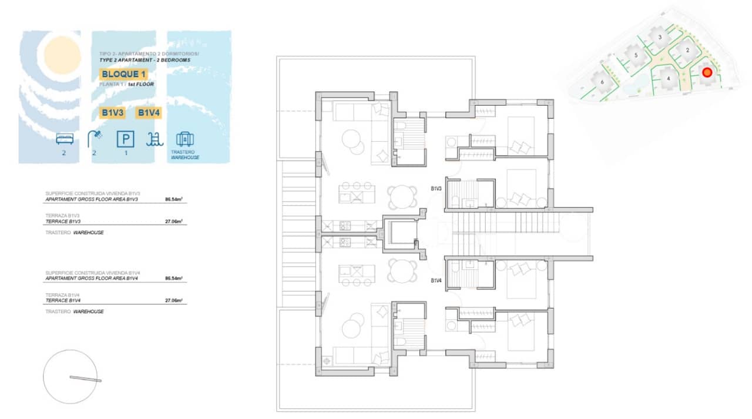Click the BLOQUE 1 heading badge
click(x=123, y=74)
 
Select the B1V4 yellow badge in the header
click(x=149, y=112)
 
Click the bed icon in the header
click(x=65, y=139)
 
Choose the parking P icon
click(x=125, y=139)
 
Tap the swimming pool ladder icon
click(x=155, y=139)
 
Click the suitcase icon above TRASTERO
click(x=185, y=139)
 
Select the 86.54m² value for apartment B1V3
click(x=173, y=200)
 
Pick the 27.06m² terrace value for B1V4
click(x=173, y=300)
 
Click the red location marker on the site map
click(x=707, y=72)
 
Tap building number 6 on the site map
click(x=602, y=82)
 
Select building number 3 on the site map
click(x=660, y=37)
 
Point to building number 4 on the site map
click(x=668, y=78)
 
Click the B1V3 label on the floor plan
click(x=436, y=189)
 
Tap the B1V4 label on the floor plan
click(x=436, y=281)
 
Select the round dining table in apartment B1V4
click(x=401, y=270)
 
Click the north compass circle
click(x=70, y=377)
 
